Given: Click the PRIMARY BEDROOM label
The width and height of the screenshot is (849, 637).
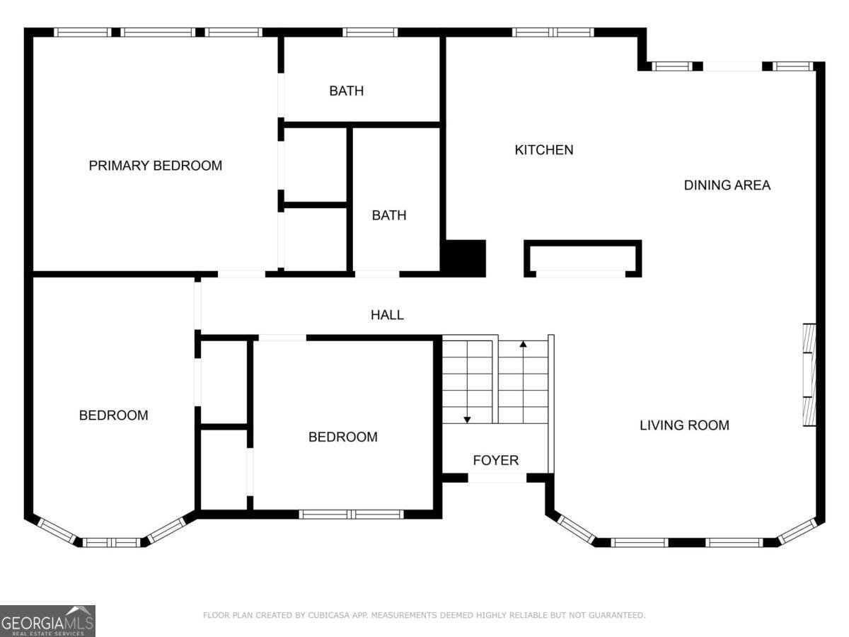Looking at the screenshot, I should click(155, 166).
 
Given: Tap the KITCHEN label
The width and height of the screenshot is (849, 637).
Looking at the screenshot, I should click(543, 150).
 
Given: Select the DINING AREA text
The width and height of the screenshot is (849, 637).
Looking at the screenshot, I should click(727, 185).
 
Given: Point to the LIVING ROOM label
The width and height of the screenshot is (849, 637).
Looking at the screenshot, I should click(684, 425).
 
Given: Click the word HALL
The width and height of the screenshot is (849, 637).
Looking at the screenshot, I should click(387, 315).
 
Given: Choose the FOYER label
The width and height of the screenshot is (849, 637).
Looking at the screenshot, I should click(495, 460).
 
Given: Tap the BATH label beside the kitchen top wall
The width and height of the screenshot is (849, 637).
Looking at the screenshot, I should click(346, 91).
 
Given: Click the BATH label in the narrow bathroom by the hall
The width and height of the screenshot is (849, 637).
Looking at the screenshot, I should click(389, 215).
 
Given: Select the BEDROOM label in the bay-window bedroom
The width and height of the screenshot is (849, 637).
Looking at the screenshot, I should click(113, 415).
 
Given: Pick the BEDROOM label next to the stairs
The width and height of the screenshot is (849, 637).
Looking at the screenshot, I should click(342, 437).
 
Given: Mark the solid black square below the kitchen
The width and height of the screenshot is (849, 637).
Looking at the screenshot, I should click(464, 258).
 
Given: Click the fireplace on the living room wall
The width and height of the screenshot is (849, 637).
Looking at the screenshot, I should click(809, 375).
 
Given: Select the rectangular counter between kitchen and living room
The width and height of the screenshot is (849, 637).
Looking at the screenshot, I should click(582, 258).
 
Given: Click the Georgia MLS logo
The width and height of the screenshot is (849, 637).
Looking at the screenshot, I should click(47, 621).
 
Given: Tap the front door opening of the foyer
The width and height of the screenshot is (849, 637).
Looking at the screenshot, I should click(497, 478).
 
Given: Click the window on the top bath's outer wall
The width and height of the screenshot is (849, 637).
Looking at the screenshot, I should click(370, 32).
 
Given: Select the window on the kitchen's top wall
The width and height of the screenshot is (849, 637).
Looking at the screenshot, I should click(553, 32).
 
